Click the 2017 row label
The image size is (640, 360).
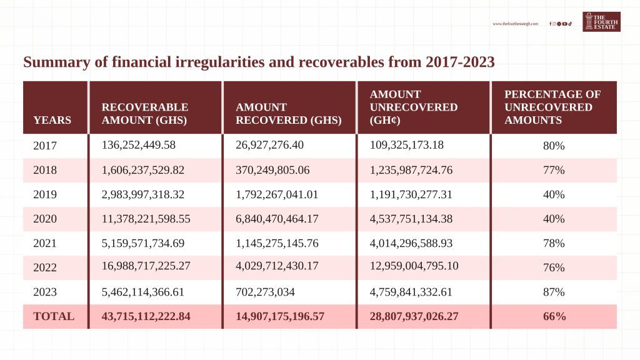[45, 146]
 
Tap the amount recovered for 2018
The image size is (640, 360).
[277, 169]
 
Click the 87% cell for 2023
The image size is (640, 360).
[554, 292]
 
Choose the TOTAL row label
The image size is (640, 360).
[54, 316]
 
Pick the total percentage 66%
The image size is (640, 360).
[554, 316]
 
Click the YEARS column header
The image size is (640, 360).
[52, 120]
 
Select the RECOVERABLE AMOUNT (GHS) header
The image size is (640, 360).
[145, 114]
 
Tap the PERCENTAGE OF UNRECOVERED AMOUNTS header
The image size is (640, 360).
[552, 107]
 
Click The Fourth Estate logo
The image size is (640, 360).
[601, 22]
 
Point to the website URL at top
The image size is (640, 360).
[515, 24]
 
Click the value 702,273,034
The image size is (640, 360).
[267, 291]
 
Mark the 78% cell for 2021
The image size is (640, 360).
[554, 243]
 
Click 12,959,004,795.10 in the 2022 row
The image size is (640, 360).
[414, 266]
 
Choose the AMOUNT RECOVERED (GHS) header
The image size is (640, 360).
[288, 114]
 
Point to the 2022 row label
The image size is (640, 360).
[45, 267]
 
